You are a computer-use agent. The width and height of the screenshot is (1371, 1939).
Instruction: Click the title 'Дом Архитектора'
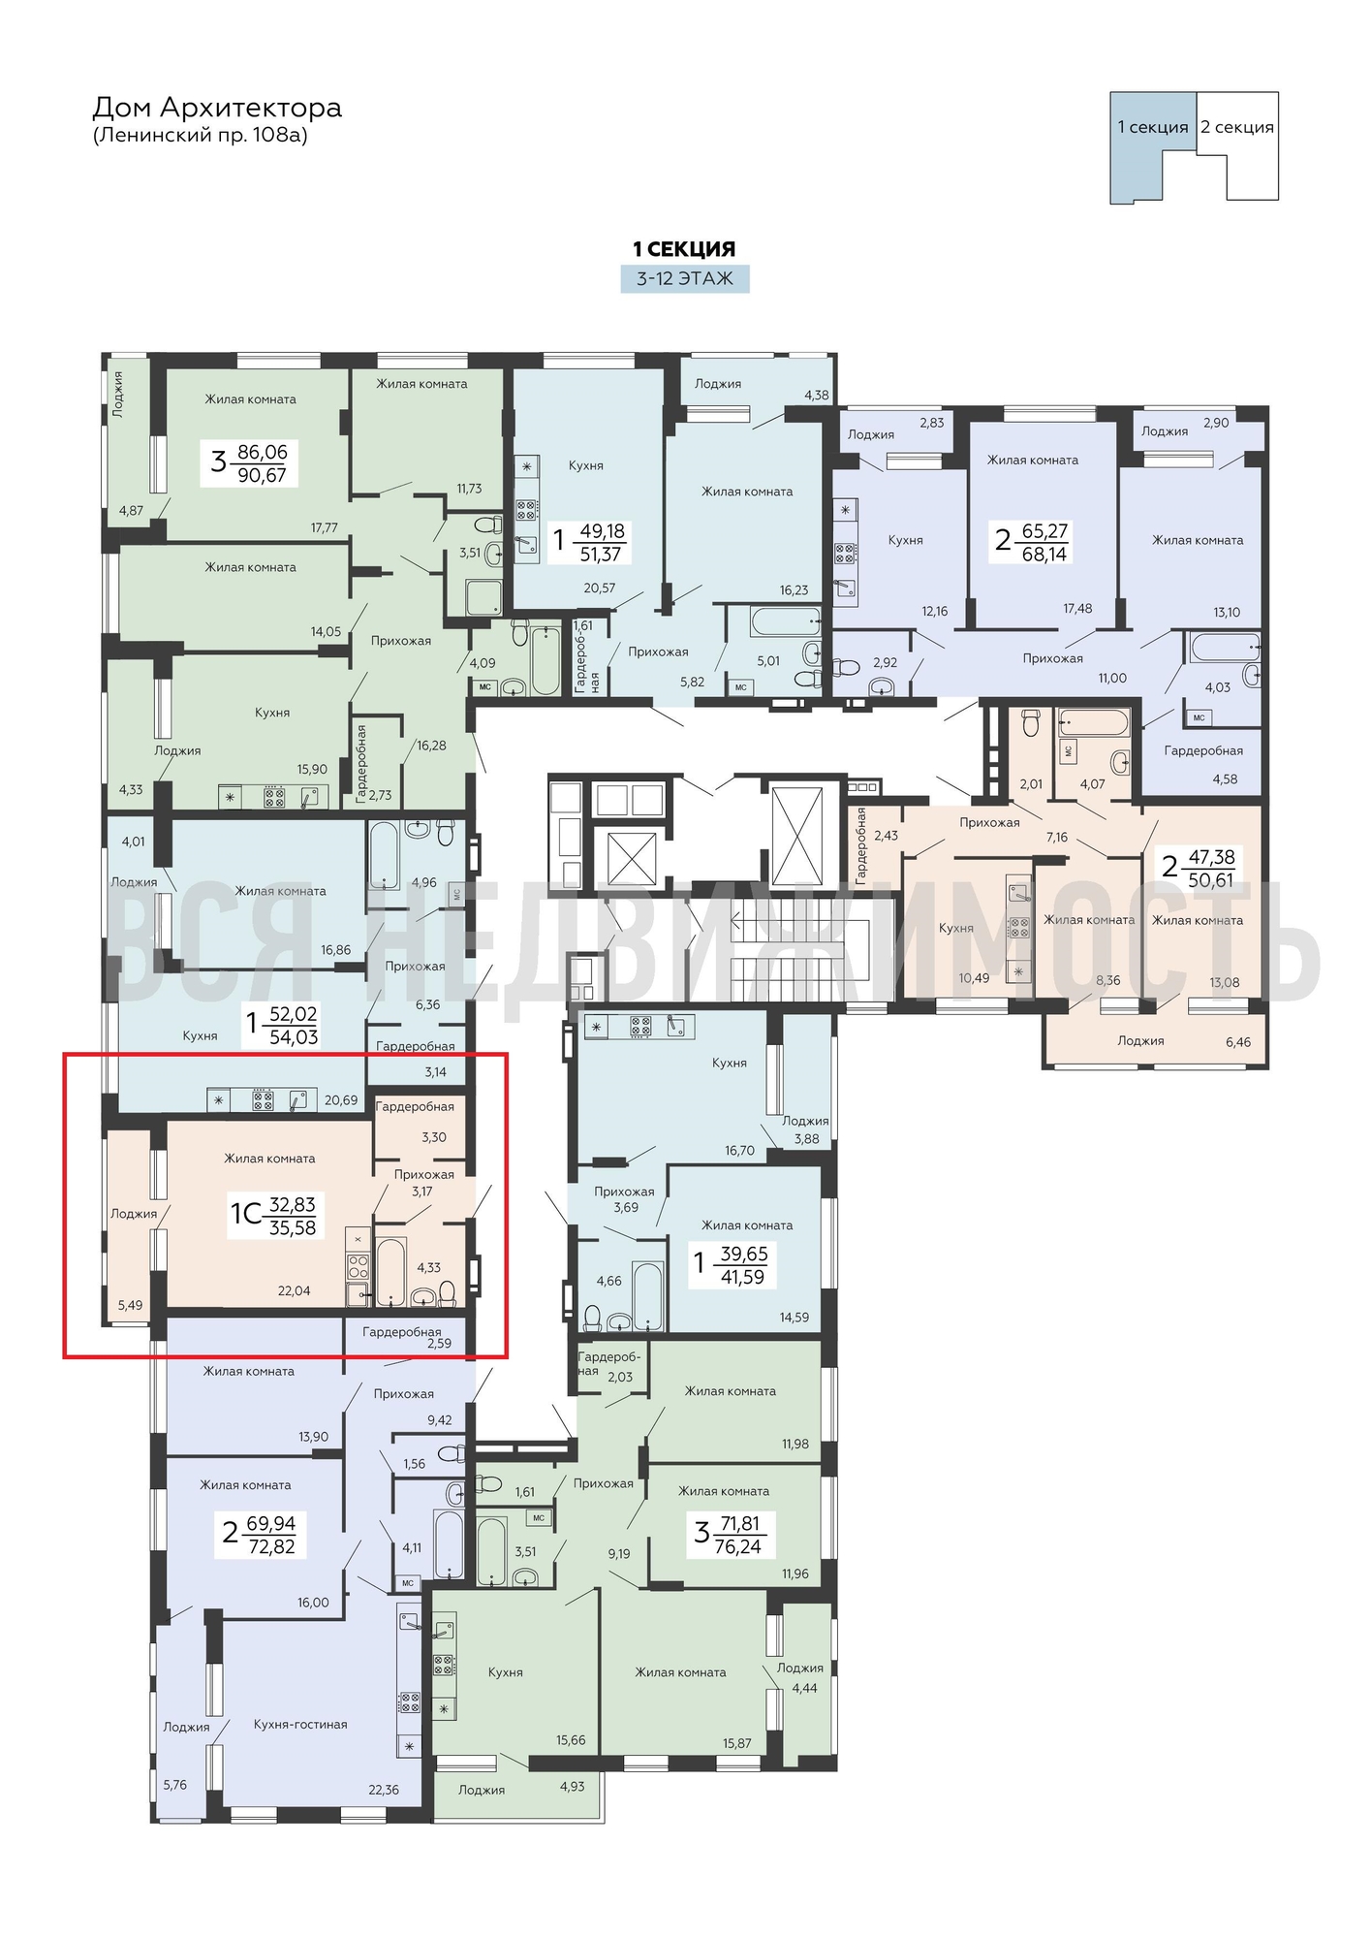tap(217, 108)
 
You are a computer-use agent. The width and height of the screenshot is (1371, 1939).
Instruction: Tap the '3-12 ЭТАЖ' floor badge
tap(685, 278)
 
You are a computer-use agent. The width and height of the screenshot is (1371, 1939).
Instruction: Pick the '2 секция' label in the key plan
tap(1237, 127)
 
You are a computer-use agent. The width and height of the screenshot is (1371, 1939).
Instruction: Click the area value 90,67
tap(262, 475)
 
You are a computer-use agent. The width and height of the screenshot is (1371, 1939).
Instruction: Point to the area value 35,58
tap(294, 1227)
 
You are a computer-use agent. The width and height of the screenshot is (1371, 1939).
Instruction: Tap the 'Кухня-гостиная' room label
tap(300, 1724)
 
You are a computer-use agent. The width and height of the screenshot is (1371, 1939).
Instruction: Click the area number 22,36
tap(384, 1790)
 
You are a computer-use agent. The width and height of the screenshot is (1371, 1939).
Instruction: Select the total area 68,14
tap(1044, 555)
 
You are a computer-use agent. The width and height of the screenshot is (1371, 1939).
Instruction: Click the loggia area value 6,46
tap(1238, 1042)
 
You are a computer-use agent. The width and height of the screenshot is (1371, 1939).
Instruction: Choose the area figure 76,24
tap(737, 1546)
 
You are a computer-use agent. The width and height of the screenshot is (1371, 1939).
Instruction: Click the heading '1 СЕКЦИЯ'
tap(684, 249)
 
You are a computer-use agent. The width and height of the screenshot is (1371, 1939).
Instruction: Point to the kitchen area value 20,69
tap(341, 1100)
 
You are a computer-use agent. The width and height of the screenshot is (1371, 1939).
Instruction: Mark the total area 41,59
tap(742, 1277)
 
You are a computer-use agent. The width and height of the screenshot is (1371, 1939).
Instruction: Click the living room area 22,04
tap(295, 1290)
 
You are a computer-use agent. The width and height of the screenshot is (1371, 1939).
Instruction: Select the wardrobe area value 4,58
tap(1225, 779)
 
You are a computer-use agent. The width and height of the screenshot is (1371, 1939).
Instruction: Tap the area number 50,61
tap(1211, 880)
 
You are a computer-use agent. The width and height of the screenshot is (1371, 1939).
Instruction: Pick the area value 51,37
tap(600, 555)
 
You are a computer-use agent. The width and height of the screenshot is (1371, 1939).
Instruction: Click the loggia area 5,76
tap(175, 1784)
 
